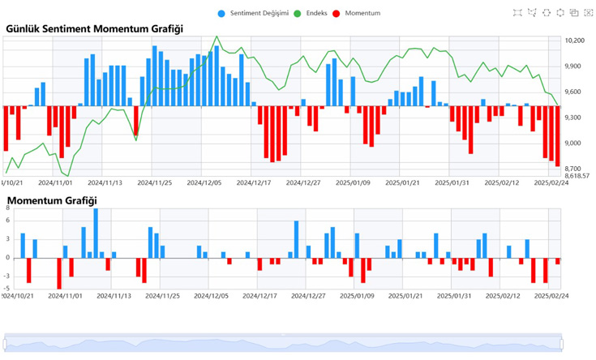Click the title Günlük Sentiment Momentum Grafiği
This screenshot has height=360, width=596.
94,28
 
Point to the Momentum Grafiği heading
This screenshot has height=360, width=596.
52,200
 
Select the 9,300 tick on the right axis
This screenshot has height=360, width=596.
573,118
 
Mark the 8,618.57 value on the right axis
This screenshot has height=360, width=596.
577,175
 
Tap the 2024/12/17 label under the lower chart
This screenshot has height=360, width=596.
255,296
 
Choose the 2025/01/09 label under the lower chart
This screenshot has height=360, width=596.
354,296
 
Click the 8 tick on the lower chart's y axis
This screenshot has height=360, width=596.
7,209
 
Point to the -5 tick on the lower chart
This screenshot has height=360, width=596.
6,289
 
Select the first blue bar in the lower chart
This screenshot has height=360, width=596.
23,246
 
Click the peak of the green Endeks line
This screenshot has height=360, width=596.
217,36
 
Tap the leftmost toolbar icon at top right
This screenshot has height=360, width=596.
518,12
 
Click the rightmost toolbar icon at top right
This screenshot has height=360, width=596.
588,12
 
